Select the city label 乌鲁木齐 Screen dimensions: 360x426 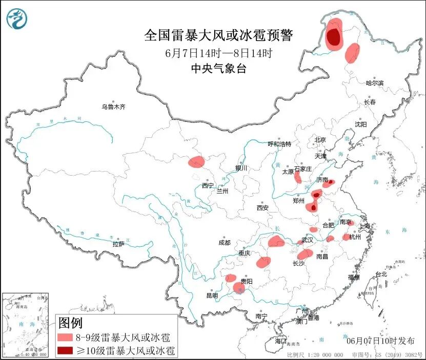pos(113,107)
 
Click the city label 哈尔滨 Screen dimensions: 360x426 pos(374,83)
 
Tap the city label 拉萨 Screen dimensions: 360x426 pos(118,244)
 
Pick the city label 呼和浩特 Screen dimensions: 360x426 pos(279,144)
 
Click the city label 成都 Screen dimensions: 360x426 pos(224,243)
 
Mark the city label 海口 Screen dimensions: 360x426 pos(280,341)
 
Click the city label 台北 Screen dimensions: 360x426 pos(381,274)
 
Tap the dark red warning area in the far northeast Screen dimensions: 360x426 pos(334,37)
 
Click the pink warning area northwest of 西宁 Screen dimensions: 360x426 pos(196,162)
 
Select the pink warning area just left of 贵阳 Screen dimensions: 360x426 pos(231,278)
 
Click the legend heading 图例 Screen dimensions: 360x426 pos(70,323)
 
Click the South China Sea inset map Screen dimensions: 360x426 pos(26,325)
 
